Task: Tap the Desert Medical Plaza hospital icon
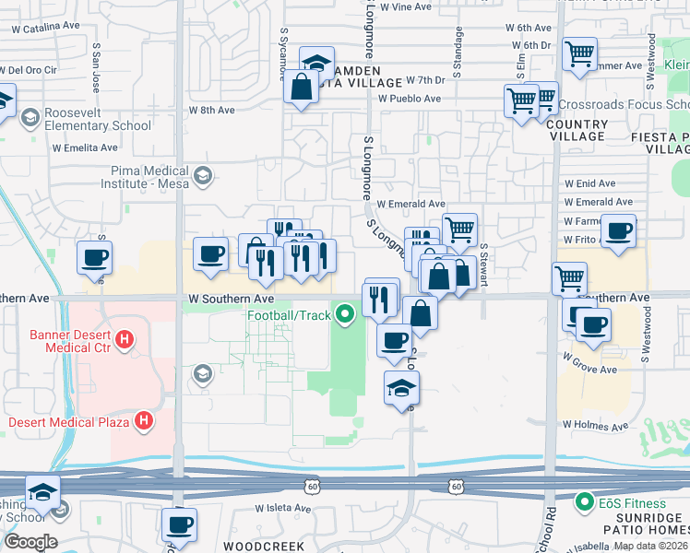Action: (144, 422)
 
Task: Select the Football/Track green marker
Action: (346, 315)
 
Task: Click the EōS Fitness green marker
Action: (583, 503)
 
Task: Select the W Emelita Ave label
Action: (85, 147)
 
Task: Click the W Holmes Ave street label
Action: (596, 427)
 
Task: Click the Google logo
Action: (30, 542)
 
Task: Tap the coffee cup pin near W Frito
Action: (618, 231)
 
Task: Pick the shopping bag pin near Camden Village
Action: (301, 88)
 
